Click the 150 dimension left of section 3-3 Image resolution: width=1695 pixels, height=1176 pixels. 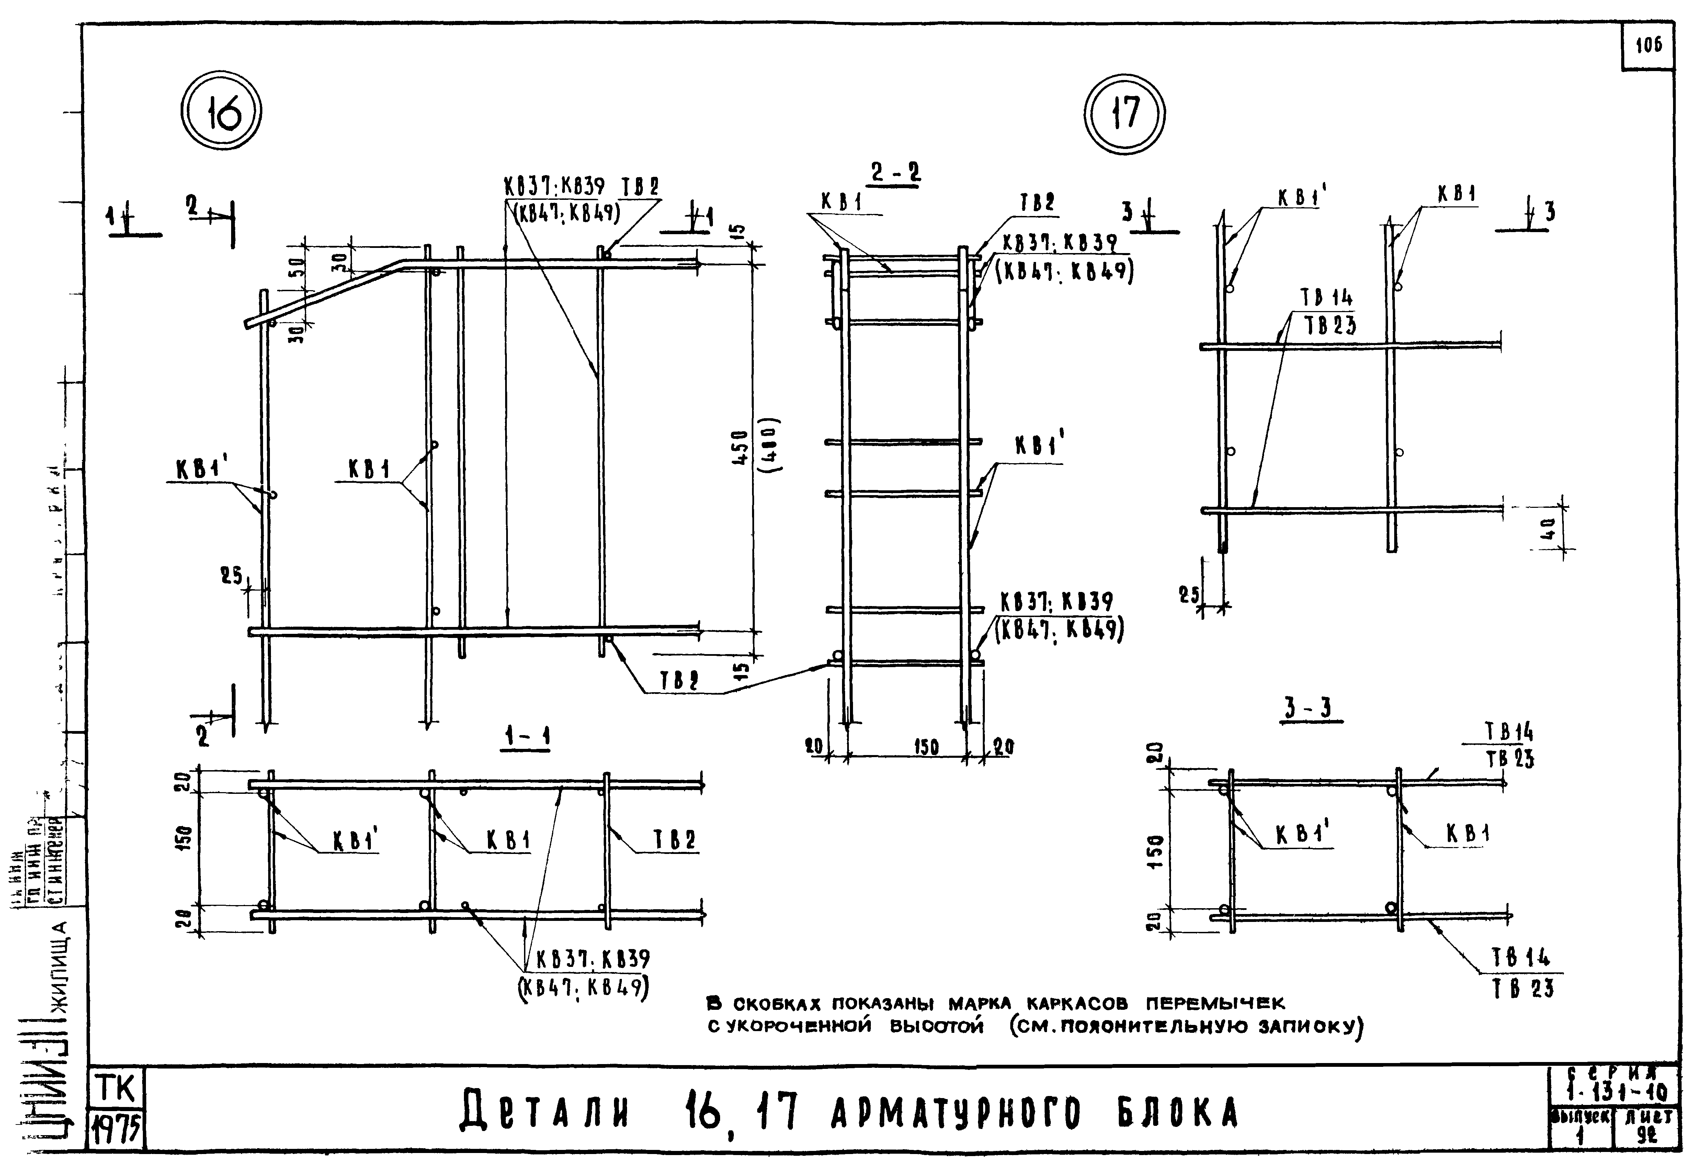(x=1156, y=851)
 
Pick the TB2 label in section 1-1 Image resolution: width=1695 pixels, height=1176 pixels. (x=675, y=840)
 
